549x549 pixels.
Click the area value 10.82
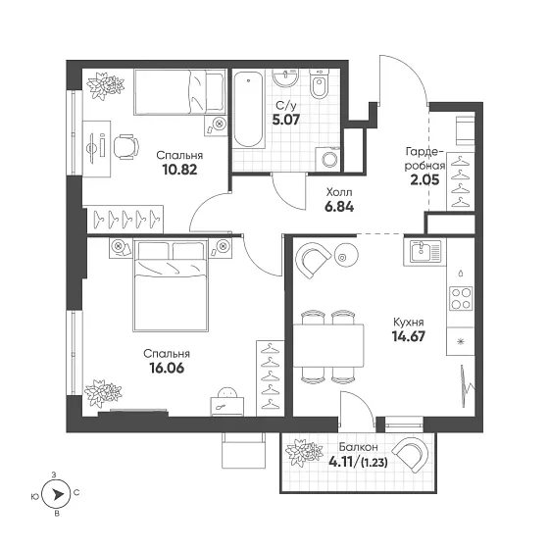(x=179, y=170)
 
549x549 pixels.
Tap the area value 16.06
(x=167, y=368)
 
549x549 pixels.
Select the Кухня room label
(x=409, y=323)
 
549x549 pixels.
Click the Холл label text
(x=339, y=192)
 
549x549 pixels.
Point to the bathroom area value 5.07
(x=286, y=120)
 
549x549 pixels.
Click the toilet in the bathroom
(x=319, y=84)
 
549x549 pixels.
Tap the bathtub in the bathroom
(x=248, y=110)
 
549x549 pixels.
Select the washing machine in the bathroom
(x=328, y=159)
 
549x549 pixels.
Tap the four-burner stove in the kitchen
(x=461, y=298)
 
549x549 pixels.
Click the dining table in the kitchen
(x=328, y=345)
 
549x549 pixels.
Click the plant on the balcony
(x=304, y=452)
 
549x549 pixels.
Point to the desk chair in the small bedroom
(x=126, y=147)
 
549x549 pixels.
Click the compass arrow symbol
(x=56, y=494)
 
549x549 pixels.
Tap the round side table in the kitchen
(x=346, y=255)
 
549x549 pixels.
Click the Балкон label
(x=358, y=447)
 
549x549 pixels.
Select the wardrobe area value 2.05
(x=424, y=180)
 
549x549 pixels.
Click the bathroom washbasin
(x=285, y=77)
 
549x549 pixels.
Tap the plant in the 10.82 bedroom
(x=106, y=85)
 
